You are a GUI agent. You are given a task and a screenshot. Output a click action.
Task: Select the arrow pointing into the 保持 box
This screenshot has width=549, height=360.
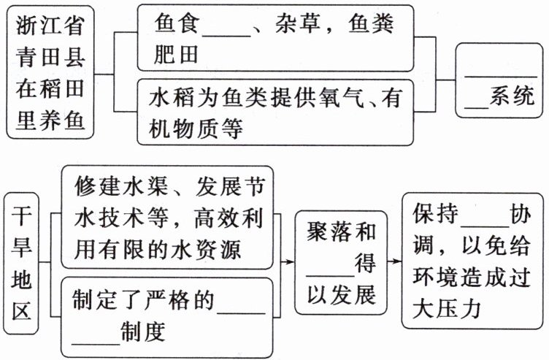click(395, 261)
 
